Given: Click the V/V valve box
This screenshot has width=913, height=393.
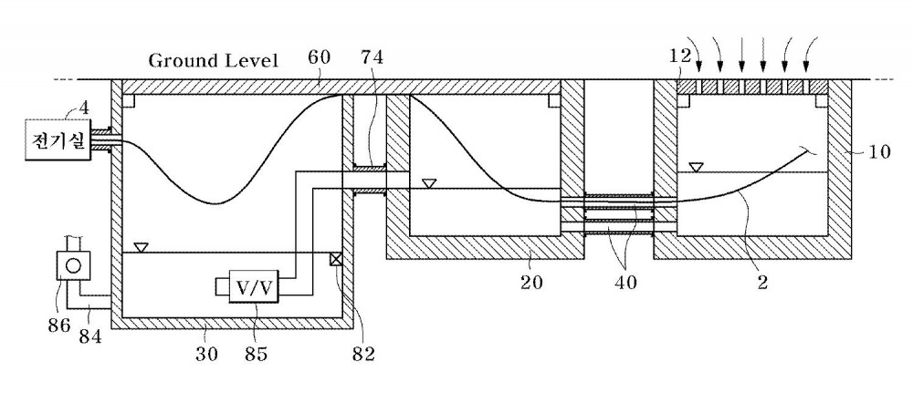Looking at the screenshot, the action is pos(254,286).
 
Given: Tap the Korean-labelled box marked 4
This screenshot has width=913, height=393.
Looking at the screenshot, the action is pos(57,139).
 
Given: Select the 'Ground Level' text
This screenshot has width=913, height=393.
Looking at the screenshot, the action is pos(213,60).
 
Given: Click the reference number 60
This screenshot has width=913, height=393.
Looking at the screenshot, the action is pos(320,57).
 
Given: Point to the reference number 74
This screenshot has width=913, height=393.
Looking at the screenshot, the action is pos(373,57).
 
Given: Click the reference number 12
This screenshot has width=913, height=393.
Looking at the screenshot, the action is pos(679,56).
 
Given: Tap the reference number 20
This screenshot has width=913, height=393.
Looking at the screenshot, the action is pos(531,282).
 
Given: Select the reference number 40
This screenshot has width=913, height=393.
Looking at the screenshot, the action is pos(624,282).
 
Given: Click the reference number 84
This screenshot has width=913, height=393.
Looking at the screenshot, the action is pos(90,336).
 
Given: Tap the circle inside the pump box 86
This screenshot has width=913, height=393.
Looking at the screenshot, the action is pos(73,265).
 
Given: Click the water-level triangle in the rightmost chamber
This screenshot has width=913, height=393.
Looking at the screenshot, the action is pos(695,168).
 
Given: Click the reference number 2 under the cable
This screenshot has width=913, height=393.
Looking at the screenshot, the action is pos(762,282).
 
